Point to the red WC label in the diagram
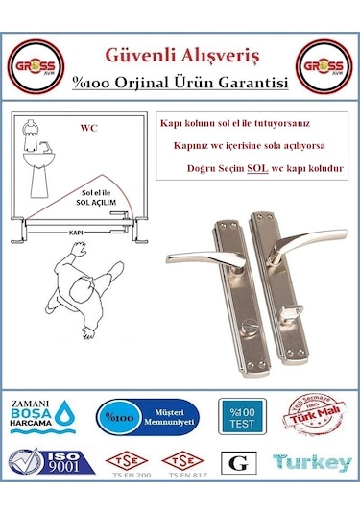(x=89, y=126)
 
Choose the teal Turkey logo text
(x=311, y=462)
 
